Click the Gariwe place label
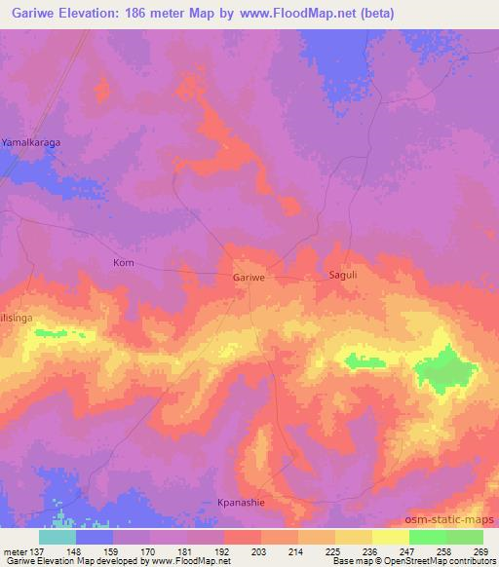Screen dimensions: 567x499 click(x=249, y=278)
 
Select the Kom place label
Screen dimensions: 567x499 click(x=124, y=263)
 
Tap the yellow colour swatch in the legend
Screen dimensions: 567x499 click(x=390, y=537)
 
